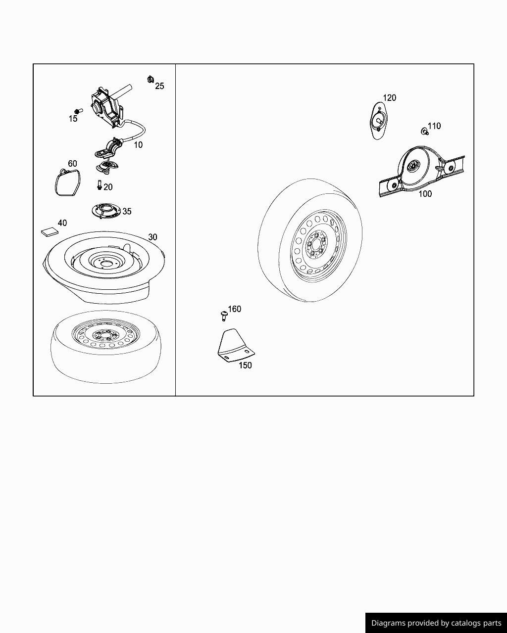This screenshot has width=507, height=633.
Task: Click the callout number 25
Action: (159, 86)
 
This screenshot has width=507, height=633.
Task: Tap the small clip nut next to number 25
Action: (151, 79)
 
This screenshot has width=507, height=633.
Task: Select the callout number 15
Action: (73, 119)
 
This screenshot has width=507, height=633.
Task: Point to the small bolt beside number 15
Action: (78, 111)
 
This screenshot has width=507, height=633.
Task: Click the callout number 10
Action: (138, 145)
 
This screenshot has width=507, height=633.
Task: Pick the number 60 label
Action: (72, 164)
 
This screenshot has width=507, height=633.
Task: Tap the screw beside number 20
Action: (100, 185)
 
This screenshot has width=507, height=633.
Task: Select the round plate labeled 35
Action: (106, 211)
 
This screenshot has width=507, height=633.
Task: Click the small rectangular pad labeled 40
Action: (50, 232)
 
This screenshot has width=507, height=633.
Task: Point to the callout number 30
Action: (152, 237)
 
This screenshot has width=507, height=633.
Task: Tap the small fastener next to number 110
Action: (424, 131)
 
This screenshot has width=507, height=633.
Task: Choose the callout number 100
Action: (425, 193)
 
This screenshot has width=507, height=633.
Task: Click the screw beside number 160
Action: (224, 316)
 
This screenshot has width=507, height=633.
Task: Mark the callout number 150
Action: (245, 365)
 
